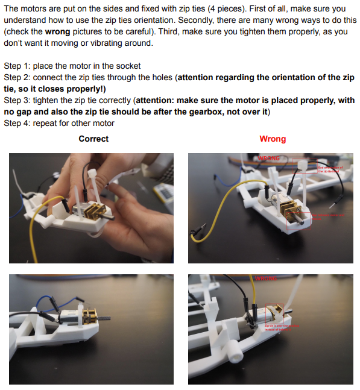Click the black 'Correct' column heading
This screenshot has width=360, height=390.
point(93,139)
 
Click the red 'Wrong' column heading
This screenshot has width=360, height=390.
point(273,139)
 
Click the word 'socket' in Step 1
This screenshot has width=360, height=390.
point(128,65)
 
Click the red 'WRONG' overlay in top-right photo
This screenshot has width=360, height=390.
point(270,159)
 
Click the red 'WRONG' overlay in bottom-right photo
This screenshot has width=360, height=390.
point(265,278)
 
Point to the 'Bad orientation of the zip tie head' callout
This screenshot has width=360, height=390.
point(329,169)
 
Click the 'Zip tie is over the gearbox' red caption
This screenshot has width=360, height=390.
point(282,327)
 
